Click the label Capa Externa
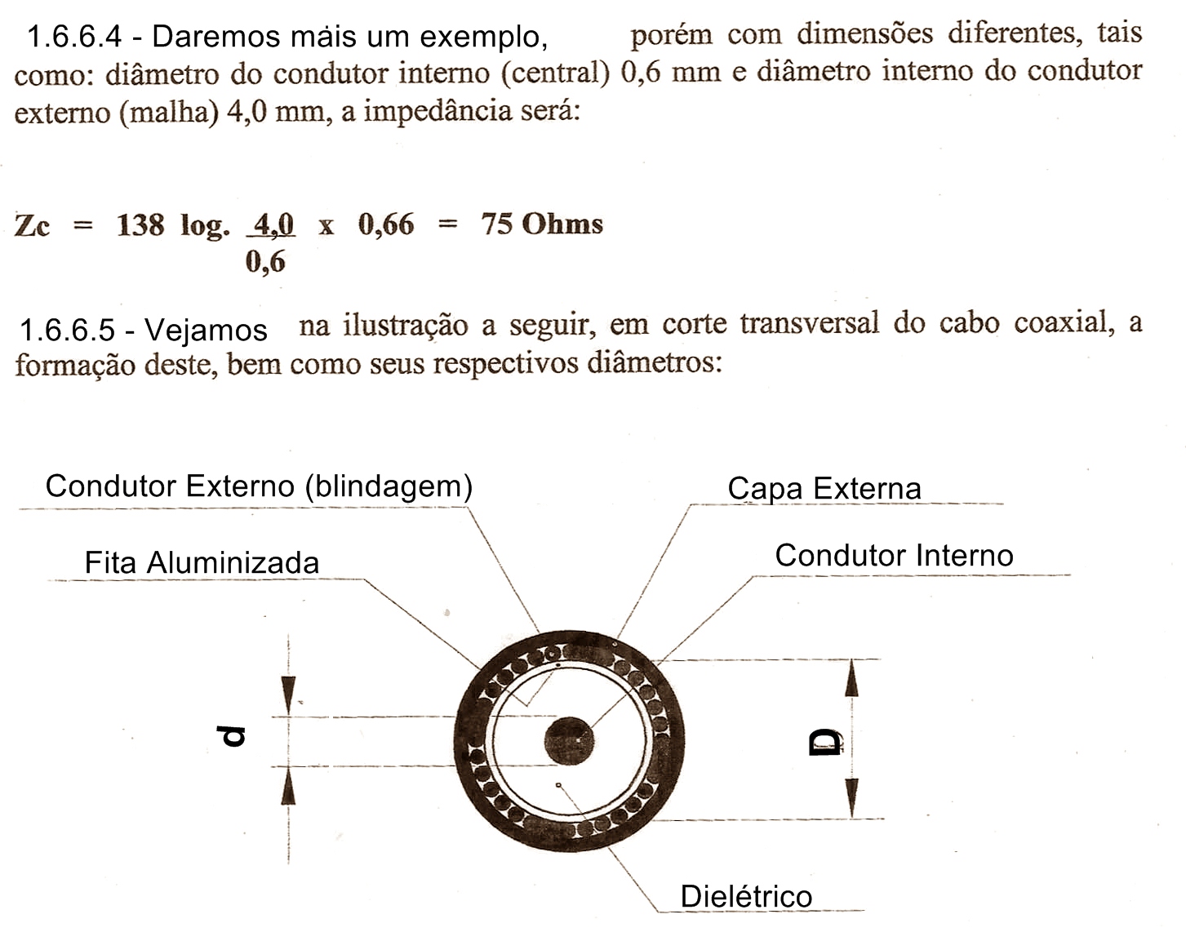point(824,488)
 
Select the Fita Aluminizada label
point(202,562)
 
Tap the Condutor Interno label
point(894,556)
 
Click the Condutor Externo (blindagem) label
point(259,486)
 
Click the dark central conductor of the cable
point(569,741)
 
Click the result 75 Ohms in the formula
point(542,224)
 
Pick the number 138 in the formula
point(140,224)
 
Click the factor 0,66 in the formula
point(386,224)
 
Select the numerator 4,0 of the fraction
point(273,224)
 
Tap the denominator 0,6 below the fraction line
point(265,262)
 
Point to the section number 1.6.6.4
point(73,37)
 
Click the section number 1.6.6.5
point(67,331)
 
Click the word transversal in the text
point(810,323)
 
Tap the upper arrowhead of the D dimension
point(851,677)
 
